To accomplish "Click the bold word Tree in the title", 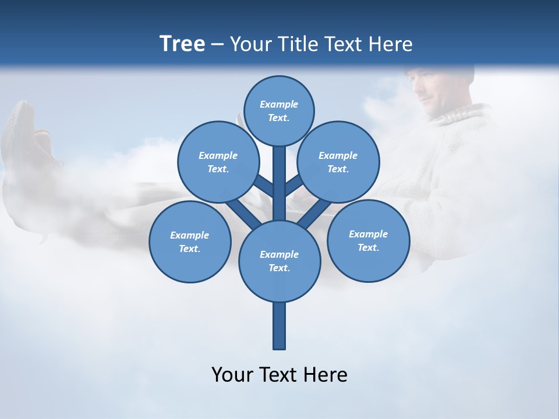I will tap(182, 44).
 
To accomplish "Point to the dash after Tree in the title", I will tap(217, 45).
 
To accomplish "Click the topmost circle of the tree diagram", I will tap(279, 111).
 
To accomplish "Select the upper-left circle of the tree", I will tap(218, 162).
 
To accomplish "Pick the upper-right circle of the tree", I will tap(338, 162).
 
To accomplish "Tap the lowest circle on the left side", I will tap(190, 242).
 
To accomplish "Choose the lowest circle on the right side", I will tap(368, 240).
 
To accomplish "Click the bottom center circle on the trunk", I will tap(279, 261).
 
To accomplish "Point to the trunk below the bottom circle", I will tap(279, 326).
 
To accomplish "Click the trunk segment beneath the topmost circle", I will tap(279, 175).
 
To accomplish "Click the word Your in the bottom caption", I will tap(232, 375).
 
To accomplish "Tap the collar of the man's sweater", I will tap(463, 116).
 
